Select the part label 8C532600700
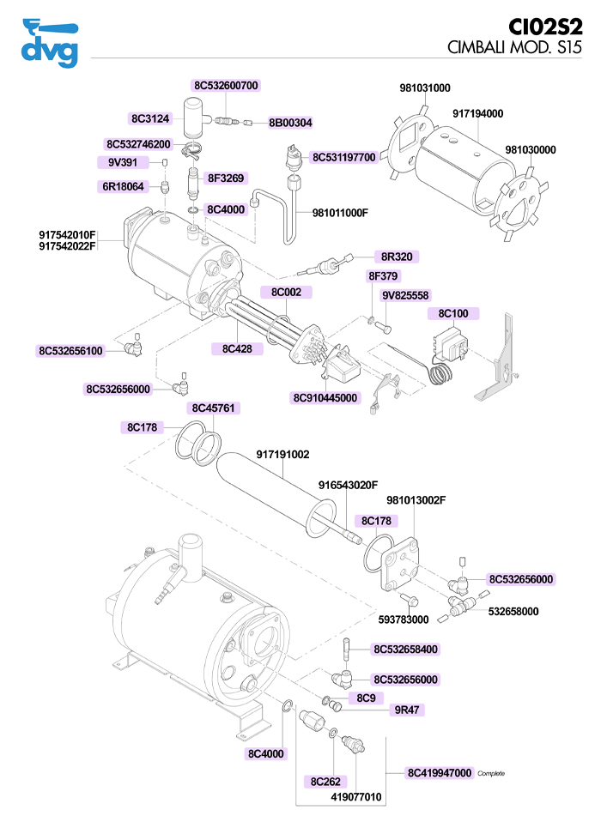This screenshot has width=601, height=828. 227,86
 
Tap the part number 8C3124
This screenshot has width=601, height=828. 151,118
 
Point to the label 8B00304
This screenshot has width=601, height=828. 290,123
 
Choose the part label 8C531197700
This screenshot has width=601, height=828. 343,157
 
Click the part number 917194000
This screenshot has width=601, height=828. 477,113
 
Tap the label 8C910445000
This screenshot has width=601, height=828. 325,398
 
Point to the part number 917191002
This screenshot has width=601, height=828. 282,455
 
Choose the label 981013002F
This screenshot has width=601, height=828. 416,500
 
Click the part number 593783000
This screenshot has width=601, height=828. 403,619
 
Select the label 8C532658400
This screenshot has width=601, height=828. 406,650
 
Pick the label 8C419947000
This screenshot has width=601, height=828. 440,773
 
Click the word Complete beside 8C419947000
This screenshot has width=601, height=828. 491,774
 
